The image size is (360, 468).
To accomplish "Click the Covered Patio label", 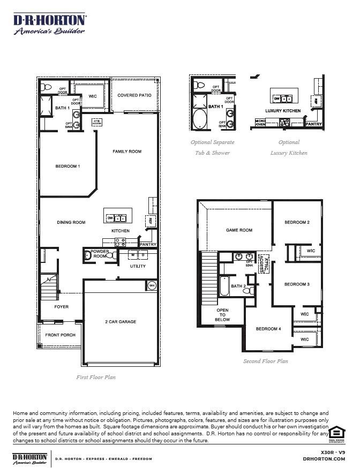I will tap(134, 95).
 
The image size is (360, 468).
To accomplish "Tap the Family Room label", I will tap(127, 152).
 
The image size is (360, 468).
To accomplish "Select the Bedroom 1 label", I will tap(67, 167).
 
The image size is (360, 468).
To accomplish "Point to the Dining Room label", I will tap(71, 222).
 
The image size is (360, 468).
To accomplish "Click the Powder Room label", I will tap(100, 254).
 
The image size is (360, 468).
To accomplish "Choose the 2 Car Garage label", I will tap(121, 322).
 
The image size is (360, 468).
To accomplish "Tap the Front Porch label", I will tap(60, 335).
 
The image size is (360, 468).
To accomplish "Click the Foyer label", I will tap(62, 307).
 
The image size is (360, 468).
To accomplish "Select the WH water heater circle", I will tap(151, 285).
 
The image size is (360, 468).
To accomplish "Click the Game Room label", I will tap(239, 230).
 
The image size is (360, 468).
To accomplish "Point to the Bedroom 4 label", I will tap(268, 329).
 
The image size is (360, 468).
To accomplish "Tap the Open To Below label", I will tap(222, 315).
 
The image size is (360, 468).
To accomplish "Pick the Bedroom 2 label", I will tap(297, 222).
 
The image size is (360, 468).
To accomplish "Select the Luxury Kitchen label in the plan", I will tap(283, 111).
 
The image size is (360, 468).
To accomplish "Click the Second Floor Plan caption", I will tap(265, 361).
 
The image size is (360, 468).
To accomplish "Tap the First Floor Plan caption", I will tap(96, 378).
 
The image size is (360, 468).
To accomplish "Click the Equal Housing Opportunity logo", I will tap(336, 434).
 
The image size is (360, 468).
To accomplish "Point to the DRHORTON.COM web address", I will tap(324, 459).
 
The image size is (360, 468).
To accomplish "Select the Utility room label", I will tap(138, 266).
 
